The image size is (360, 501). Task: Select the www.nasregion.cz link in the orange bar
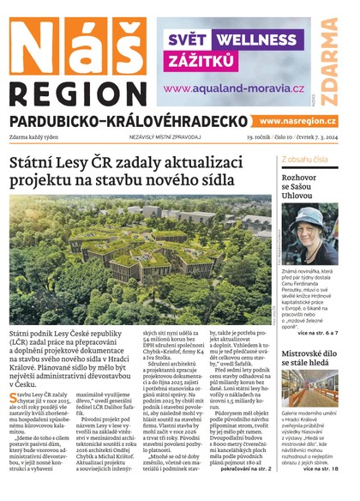coord(297,121)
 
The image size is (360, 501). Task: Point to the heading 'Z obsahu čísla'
coord(309,160)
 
